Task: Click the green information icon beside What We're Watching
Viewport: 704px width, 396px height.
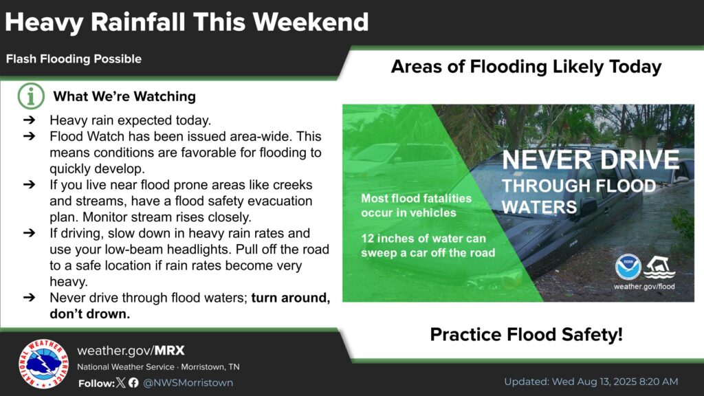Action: coord(31,96)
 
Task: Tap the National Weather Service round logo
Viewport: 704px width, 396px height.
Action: coord(43,364)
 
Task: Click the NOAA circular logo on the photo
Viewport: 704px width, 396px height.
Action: coord(628,267)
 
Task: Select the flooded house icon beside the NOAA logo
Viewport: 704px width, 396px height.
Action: coord(659,267)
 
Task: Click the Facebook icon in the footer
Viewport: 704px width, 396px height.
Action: coord(133,382)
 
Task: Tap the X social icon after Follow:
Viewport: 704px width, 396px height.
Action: coord(121,382)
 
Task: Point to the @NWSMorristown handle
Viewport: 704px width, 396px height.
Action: coord(188,382)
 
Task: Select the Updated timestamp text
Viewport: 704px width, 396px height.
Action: coord(591,382)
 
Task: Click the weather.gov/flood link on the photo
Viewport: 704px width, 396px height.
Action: coord(644,287)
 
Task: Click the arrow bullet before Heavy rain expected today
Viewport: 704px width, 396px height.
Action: coord(29,120)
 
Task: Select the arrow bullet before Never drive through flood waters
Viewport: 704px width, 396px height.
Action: coord(29,297)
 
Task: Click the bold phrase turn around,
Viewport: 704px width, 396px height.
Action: coord(291,298)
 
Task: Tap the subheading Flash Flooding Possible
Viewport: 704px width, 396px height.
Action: coord(74,59)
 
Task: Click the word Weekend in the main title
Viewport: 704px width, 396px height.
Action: coord(311,21)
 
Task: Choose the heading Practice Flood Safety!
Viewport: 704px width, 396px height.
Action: coord(526,335)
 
